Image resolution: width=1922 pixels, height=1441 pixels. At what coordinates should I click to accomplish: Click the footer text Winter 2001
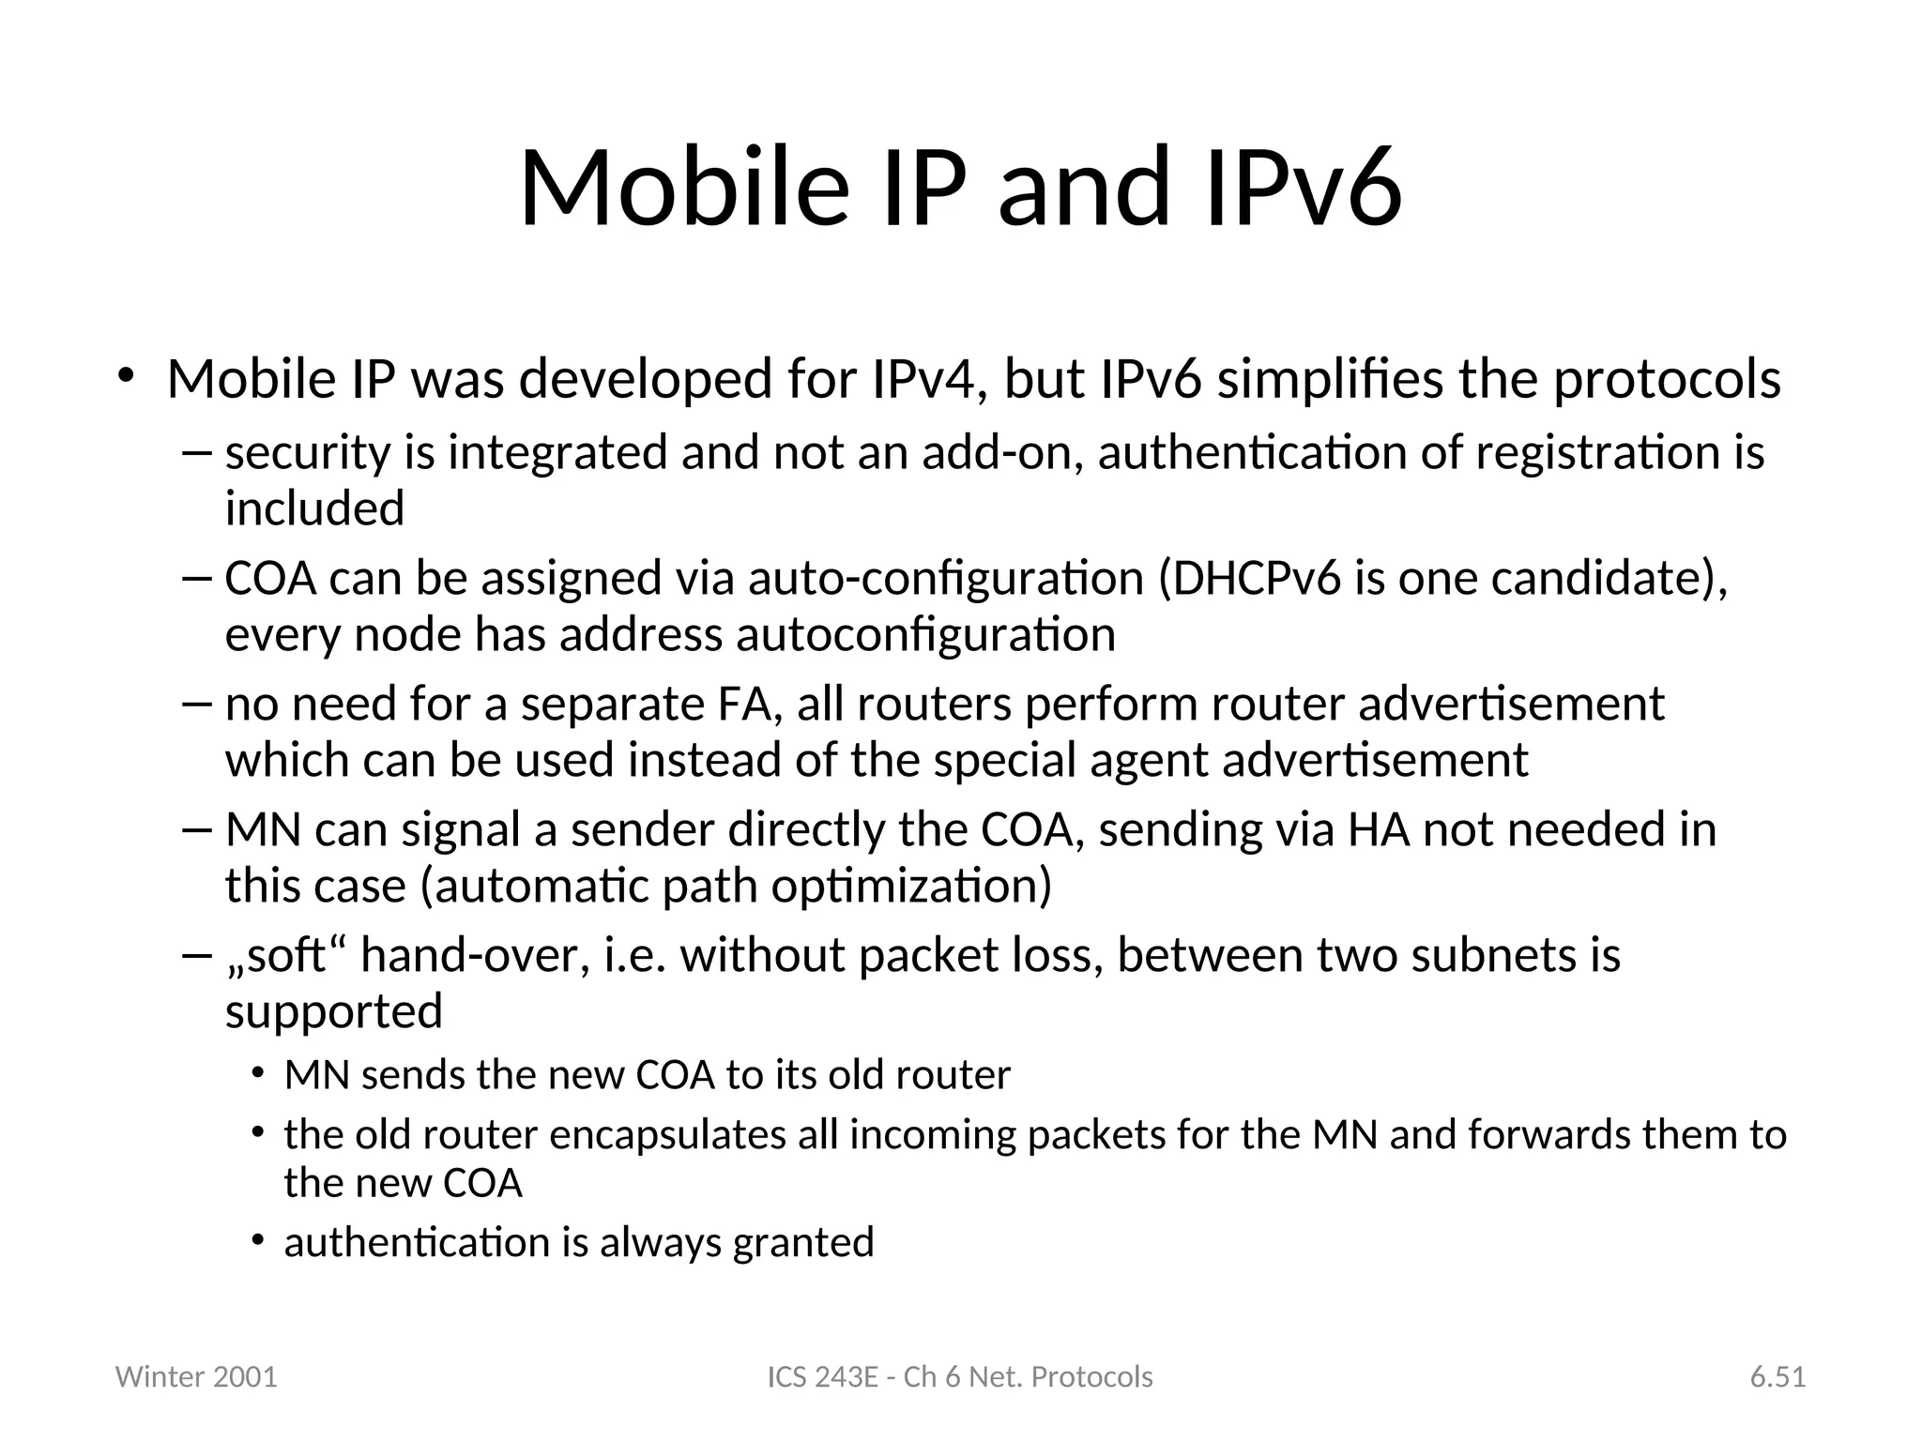pyautogui.click(x=196, y=1376)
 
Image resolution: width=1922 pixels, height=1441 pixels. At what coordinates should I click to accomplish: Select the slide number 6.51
pyautogui.click(x=1777, y=1376)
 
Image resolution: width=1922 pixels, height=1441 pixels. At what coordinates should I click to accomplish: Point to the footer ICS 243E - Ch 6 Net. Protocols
pyautogui.click(x=960, y=1376)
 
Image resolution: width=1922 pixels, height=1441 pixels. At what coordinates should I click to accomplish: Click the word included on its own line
pyautogui.click(x=314, y=508)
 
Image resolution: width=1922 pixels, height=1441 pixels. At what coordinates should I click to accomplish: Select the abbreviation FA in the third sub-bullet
pyautogui.click(x=750, y=704)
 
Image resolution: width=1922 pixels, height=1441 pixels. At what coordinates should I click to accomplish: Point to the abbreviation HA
pyautogui.click(x=1379, y=829)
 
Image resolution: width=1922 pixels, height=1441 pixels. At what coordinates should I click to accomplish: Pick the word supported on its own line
pyautogui.click(x=333, y=1011)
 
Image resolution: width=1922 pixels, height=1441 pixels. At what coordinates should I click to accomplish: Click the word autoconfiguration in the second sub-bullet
pyautogui.click(x=925, y=634)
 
